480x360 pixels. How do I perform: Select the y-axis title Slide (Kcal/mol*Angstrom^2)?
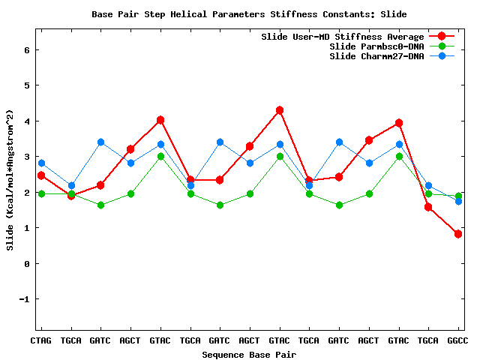point(10,180)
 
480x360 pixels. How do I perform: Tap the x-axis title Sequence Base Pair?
point(249,354)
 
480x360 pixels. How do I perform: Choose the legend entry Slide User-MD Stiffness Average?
point(343,37)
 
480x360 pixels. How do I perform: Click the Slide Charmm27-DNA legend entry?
point(376,56)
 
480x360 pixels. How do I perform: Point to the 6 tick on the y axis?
point(27,50)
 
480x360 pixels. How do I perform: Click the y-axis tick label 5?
point(27,85)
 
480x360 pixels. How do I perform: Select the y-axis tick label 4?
point(27,121)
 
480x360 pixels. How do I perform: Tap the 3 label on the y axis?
point(27,157)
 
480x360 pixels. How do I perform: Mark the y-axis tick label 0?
point(27,264)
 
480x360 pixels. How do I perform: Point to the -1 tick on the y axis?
point(25,299)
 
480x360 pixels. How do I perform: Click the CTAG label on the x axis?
point(41,340)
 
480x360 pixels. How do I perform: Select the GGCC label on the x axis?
point(457,340)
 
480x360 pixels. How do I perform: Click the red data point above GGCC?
point(458,234)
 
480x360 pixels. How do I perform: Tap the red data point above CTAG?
point(41,175)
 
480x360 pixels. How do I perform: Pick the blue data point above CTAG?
point(41,163)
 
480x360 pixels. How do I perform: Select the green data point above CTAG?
point(41,193)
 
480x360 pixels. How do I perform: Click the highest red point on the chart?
point(280,110)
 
